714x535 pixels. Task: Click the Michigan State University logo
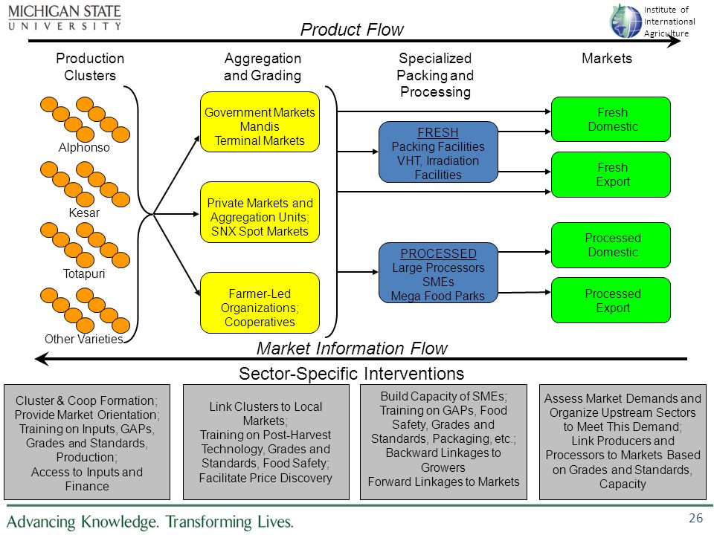pos(65,17)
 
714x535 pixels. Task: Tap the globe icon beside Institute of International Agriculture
pos(625,21)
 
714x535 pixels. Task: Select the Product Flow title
pos(352,30)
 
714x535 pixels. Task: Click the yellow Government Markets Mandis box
pos(260,122)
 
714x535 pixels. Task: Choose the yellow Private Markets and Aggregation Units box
pos(260,213)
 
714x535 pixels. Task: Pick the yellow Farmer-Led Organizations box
pos(260,303)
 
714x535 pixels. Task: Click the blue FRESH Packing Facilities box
pos(438,152)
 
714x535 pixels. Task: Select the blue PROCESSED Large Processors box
pos(438,273)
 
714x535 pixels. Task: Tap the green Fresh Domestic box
pos(611,119)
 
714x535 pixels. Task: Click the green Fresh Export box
pos(611,174)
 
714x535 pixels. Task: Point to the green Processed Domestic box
pos(611,245)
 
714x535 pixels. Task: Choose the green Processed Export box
pos(611,300)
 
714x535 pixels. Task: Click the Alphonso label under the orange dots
pos(84,147)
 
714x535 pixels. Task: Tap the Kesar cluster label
pos(84,213)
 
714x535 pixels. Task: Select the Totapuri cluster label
pos(84,273)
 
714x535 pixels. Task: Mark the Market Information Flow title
pos(352,348)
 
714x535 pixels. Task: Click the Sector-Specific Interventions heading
pos(352,374)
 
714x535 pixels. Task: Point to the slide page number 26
pos(696,518)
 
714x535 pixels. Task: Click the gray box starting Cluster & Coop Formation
pos(87,442)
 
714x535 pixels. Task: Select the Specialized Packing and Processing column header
pos(435,75)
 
